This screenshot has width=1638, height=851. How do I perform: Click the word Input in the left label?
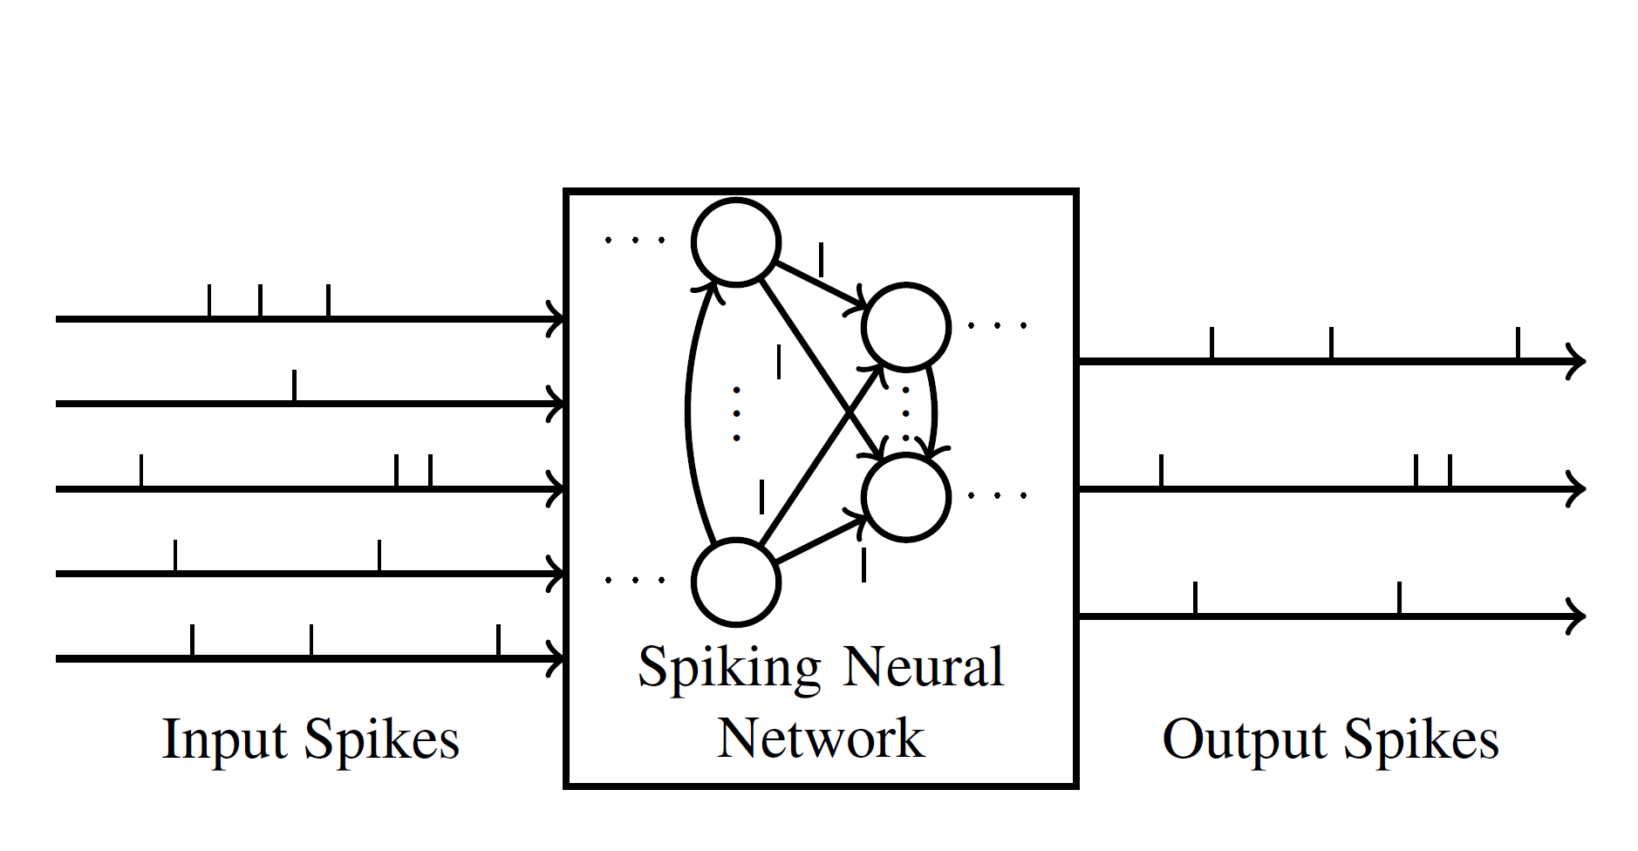coord(224,740)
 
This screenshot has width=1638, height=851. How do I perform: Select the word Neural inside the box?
coord(923,667)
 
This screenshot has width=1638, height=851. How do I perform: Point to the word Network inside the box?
coord(820,739)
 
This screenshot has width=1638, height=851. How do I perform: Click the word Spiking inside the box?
coord(729,669)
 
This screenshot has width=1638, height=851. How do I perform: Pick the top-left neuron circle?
coord(735,242)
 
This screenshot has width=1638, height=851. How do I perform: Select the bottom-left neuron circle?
coord(735,582)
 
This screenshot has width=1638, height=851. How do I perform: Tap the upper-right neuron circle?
coord(905,327)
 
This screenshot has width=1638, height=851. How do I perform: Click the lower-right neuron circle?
coord(905,497)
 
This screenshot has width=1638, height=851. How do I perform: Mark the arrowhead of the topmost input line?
coord(556,319)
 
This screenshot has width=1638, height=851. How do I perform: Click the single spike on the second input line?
coord(294,386)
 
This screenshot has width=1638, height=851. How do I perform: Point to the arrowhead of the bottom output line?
coord(1575,616)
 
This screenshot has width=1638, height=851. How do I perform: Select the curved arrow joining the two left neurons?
coord(688,410)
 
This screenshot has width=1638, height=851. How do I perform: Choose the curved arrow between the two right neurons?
coord(933,410)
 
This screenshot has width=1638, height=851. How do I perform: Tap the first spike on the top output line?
coord(1211,344)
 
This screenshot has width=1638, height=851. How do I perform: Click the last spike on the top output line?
coord(1518,344)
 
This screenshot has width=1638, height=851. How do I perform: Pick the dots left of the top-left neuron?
coord(634,240)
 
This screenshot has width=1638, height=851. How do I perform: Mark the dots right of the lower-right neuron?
coord(998,496)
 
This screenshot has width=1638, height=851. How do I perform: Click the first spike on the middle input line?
coord(141,471)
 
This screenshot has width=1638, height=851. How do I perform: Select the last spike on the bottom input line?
coord(498,641)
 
